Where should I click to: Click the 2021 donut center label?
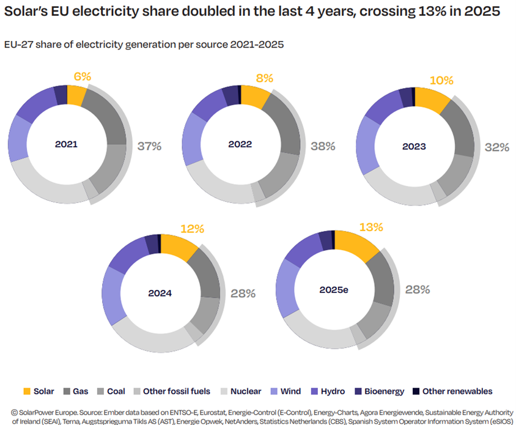[66, 145]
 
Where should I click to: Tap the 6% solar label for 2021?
[82, 76]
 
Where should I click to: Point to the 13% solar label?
[371, 227]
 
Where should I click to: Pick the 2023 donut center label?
[414, 147]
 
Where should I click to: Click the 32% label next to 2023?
[496, 147]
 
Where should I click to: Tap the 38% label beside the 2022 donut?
[323, 146]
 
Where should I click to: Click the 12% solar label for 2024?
[192, 229]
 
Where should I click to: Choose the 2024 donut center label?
[160, 293]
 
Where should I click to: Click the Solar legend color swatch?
[27, 391]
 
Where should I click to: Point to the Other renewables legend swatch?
[416, 391]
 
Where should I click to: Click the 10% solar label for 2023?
[441, 81]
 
